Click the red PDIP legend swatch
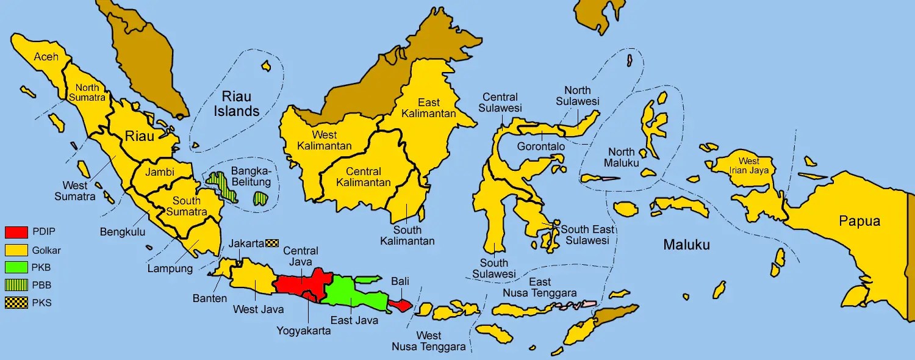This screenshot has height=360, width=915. click(16, 232)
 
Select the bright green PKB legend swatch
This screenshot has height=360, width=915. click(16, 267)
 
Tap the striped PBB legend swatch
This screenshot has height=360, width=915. click(16, 284)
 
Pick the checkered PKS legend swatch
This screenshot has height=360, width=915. click(16, 302)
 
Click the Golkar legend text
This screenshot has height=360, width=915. click(46, 250)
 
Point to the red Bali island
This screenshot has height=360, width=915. click(400, 304)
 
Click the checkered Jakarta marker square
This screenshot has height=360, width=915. click(273, 243)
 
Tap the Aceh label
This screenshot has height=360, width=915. click(46, 57)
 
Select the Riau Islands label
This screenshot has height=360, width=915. click(240, 104)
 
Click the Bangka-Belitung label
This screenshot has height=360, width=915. click(251, 177)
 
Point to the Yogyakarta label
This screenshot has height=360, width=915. click(303, 331)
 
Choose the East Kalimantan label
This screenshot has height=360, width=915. click(437, 108)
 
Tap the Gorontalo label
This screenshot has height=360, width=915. click(540, 147)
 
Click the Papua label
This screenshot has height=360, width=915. click(859, 221)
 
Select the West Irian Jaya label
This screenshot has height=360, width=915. click(748, 165)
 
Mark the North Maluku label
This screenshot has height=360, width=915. click(621, 157)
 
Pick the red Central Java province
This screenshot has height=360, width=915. click(299, 283)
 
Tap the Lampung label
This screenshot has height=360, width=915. click(170, 268)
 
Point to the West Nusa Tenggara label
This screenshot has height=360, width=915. click(428, 341)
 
